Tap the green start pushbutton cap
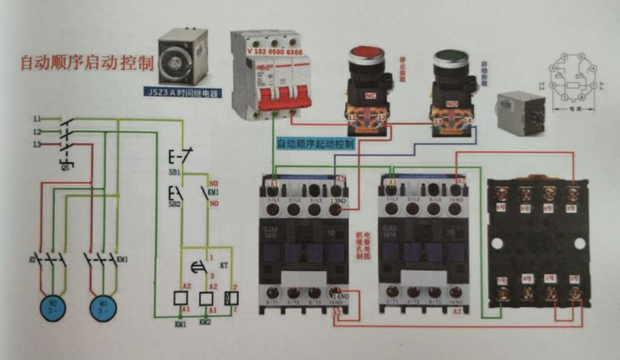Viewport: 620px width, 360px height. (447, 60)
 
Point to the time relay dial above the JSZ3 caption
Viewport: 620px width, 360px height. (182, 60)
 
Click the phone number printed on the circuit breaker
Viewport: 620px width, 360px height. (272, 51)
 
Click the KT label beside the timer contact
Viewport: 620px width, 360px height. (222, 266)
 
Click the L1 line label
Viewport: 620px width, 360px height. (37, 119)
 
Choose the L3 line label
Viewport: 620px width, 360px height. (37, 144)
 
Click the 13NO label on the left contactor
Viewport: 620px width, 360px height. (340, 199)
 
